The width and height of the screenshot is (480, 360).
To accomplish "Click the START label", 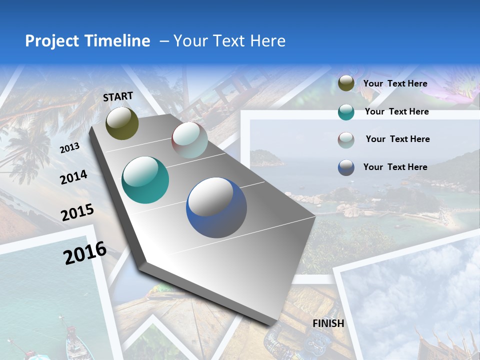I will pyautogui.click(x=118, y=96).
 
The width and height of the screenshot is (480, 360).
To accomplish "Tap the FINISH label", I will pyautogui.click(x=328, y=323).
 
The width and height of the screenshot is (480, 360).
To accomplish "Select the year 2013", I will pyautogui.click(x=69, y=148).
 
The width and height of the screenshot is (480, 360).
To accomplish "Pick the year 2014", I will pyautogui.click(x=73, y=177).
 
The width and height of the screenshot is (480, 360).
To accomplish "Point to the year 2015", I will pyautogui.click(x=77, y=212).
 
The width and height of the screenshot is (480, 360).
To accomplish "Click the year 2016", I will pyautogui.click(x=85, y=252).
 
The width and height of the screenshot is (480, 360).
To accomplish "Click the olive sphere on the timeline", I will pyautogui.click(x=122, y=123).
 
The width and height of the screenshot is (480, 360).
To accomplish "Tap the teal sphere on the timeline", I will pyautogui.click(x=145, y=180).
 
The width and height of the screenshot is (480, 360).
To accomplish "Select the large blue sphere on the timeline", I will pyautogui.click(x=216, y=207).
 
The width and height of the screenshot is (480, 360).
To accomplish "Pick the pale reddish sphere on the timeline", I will pyautogui.click(x=189, y=140).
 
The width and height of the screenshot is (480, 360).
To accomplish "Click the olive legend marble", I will pyautogui.click(x=346, y=83).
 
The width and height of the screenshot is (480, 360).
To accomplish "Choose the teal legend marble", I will pyautogui.click(x=346, y=112).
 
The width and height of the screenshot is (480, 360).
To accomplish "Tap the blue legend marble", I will pyautogui.click(x=346, y=167).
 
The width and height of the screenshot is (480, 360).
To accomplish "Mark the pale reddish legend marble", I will pyautogui.click(x=346, y=140).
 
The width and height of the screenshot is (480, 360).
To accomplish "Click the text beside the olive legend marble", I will pyautogui.click(x=395, y=83).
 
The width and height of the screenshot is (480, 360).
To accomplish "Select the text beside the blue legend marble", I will pyautogui.click(x=395, y=167).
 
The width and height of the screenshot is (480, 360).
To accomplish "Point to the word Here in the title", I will pyautogui.click(x=267, y=41).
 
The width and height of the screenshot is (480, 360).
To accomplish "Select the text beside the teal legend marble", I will pyautogui.click(x=396, y=111).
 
